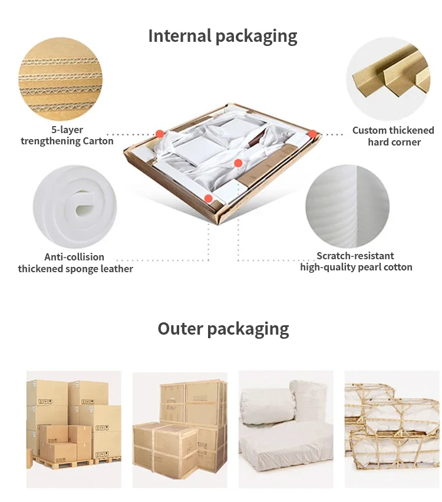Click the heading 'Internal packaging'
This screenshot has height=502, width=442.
[222, 37]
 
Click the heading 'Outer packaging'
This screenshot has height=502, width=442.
[223, 329]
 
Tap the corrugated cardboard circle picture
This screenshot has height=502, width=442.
[60, 79]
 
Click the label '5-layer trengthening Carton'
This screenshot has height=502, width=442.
[67, 136]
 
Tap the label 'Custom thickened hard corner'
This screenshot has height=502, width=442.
[393, 136]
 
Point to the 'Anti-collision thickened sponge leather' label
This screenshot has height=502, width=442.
[75, 263]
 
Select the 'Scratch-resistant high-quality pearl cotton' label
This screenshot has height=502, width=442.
[356, 262]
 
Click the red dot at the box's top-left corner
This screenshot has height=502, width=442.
[159, 133]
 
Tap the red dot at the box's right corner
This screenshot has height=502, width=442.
[312, 134]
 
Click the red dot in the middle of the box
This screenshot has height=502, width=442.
[238, 163]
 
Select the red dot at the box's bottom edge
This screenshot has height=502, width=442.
[208, 199]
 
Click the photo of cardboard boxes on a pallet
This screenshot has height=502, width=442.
[74, 428]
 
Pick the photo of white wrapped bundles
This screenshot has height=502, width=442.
[286, 428]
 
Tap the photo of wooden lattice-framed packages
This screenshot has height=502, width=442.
[392, 428]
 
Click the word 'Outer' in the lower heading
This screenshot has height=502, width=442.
[180, 329]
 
